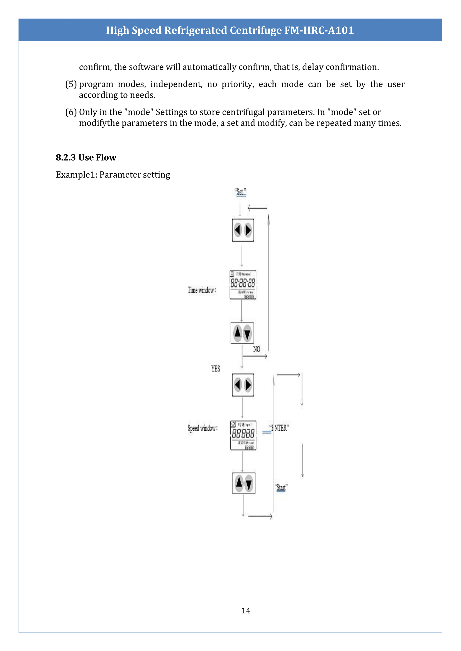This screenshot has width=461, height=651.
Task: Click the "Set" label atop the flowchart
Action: tap(240, 192)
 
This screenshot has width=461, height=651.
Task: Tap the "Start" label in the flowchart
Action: tap(281, 487)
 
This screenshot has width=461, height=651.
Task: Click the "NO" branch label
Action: tap(256, 349)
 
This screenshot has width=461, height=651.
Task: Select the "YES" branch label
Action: tap(215, 369)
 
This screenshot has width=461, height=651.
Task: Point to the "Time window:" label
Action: tap(202, 290)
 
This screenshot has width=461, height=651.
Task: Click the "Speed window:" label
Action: tap(203, 428)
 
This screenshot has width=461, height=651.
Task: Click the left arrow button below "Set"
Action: tap(238, 230)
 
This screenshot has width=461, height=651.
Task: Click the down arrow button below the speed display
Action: tap(249, 484)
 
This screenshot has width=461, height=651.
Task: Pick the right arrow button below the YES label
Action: tap(248, 385)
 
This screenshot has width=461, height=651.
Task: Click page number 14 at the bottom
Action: tap(246, 610)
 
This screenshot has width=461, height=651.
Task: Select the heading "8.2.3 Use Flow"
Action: tap(86, 158)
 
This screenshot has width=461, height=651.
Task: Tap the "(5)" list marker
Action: tap(71, 84)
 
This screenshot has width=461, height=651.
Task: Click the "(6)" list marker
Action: tap(71, 112)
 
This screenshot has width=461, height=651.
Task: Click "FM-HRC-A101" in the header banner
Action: tap(319, 30)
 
